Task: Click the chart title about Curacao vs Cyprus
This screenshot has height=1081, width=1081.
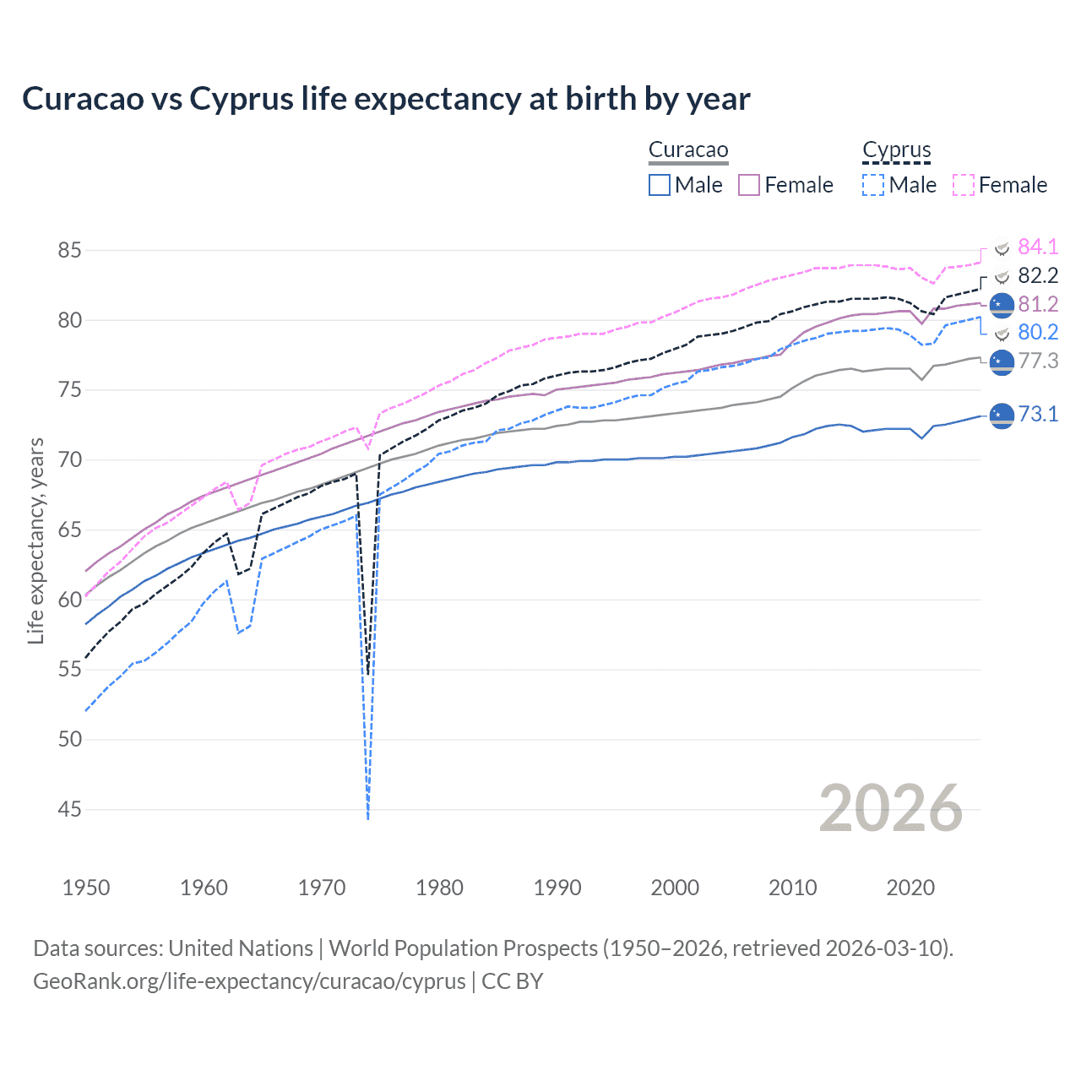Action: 386,99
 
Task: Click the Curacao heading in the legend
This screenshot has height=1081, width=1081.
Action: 688,150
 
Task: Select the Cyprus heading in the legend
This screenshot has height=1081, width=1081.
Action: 896,150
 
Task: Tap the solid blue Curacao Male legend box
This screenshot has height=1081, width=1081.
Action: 660,185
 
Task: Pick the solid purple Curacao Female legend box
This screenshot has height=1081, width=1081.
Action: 749,185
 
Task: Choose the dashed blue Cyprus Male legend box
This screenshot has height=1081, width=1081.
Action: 873,185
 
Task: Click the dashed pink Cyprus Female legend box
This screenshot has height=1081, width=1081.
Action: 964,185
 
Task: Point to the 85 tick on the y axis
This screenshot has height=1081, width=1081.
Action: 70,251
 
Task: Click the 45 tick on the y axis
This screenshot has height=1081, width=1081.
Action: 70,810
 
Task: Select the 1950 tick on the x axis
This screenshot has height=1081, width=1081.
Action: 86,888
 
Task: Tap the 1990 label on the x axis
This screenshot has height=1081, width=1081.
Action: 557,888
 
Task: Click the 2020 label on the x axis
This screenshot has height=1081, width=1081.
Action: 910,888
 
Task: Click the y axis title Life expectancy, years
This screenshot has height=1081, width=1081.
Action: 36,540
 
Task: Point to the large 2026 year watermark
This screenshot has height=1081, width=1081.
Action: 890,808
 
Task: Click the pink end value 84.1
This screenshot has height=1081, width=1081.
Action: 1038,247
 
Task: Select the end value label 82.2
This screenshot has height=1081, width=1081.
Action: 1038,275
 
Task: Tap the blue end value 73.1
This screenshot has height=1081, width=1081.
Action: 1038,414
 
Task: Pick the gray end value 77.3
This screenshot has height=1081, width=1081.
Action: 1038,361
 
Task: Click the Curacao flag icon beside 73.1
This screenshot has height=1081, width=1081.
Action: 1002,416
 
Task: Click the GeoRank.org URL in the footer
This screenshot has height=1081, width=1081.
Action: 249,981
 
